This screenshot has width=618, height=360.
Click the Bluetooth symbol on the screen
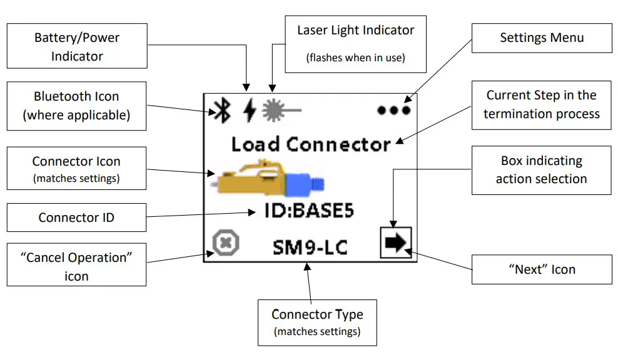(x=222, y=111)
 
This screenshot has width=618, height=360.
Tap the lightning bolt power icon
(x=250, y=110)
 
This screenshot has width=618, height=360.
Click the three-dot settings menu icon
(x=393, y=110)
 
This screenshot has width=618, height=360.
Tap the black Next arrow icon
(x=396, y=242)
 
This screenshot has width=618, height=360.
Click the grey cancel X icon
(x=226, y=242)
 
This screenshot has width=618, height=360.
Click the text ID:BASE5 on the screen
(x=309, y=211)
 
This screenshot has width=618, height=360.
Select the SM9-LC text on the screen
(x=310, y=247)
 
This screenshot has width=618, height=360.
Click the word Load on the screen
(x=255, y=144)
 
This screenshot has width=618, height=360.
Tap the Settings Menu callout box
(x=542, y=37)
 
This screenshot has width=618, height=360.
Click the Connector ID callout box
(x=76, y=217)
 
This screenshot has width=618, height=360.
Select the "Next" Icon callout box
(x=542, y=269)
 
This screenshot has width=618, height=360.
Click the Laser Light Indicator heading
(x=355, y=31)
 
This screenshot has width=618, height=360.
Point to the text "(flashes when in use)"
(x=355, y=58)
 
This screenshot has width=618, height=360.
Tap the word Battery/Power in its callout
(x=77, y=37)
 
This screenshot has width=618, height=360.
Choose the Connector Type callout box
(x=317, y=322)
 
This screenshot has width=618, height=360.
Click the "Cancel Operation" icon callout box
(x=76, y=264)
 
